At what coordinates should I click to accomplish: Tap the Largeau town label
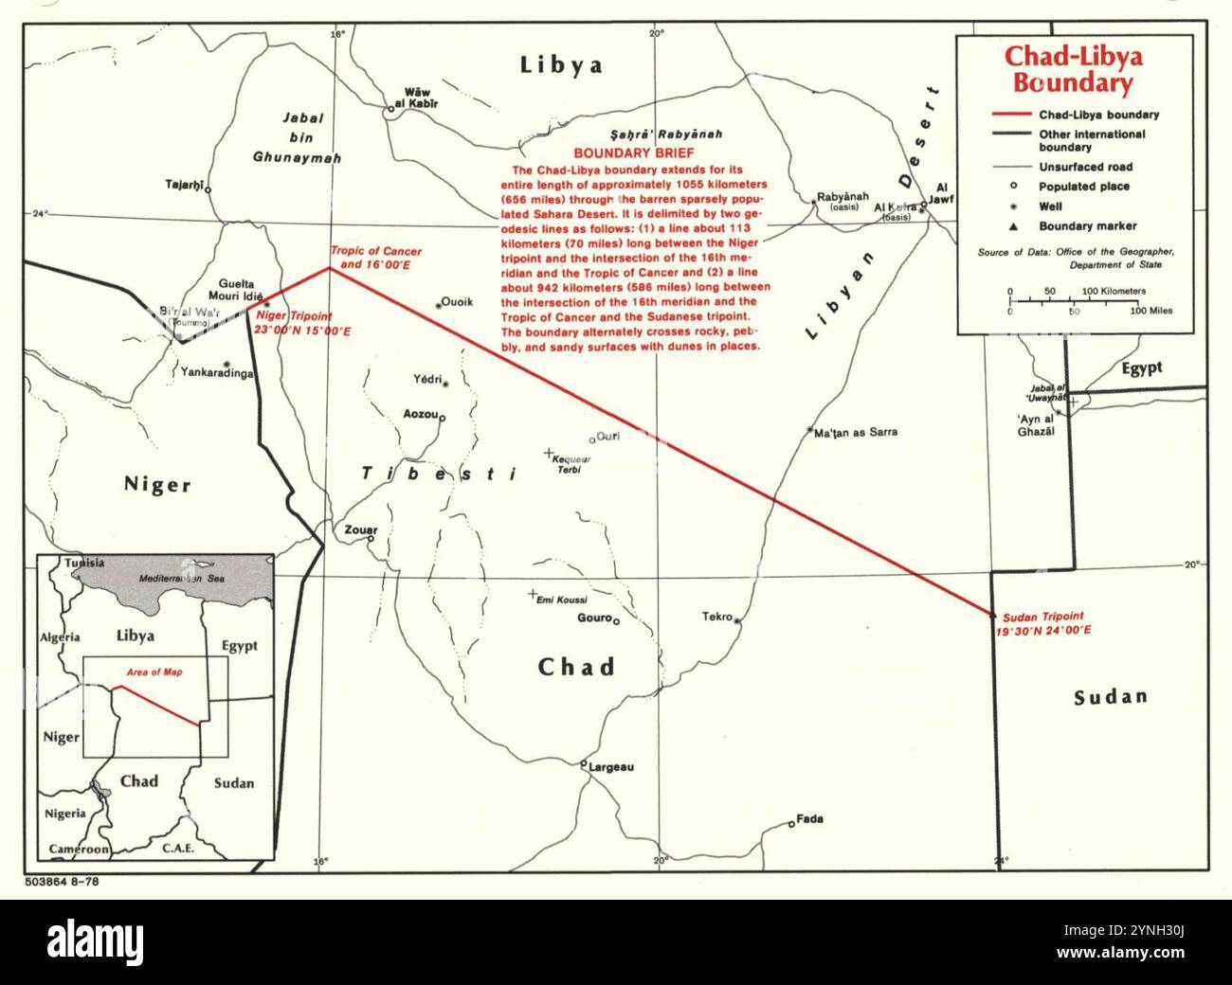tap(611, 767)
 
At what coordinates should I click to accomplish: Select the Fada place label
tap(810, 819)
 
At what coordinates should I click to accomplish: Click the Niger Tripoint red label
tap(303, 323)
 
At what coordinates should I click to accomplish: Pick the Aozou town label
tap(420, 415)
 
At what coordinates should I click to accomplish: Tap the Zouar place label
tap(362, 529)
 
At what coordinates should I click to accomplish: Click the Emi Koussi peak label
tap(562, 600)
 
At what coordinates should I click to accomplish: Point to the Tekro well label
tap(717, 618)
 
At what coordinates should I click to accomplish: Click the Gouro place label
tap(594, 618)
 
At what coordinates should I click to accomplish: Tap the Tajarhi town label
tap(184, 187)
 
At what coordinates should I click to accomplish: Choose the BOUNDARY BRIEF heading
tap(635, 152)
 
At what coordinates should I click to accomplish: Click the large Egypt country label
tap(1141, 367)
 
